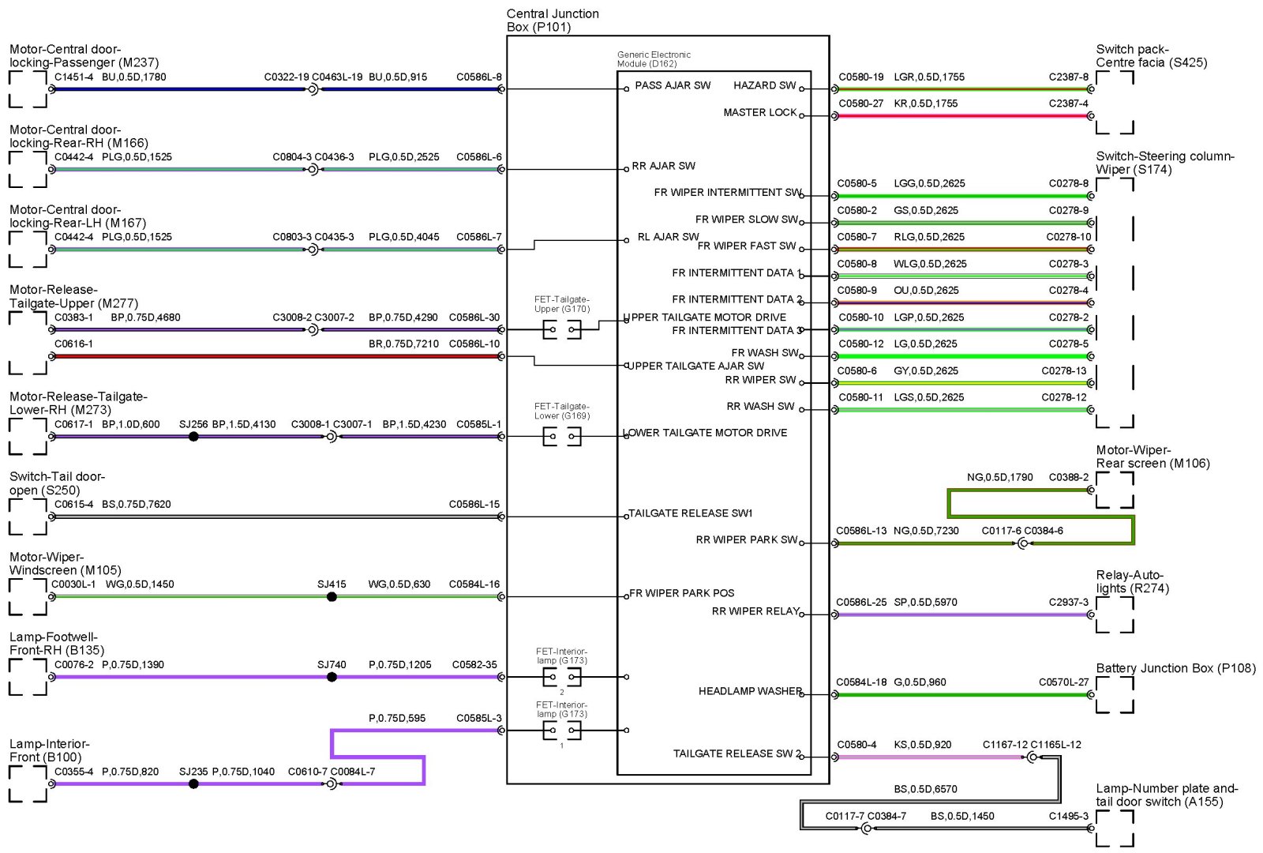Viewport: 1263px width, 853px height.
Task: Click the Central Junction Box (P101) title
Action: click(x=552, y=21)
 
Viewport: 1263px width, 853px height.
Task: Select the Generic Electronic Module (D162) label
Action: click(x=653, y=59)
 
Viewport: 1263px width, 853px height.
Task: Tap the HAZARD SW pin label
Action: click(x=764, y=85)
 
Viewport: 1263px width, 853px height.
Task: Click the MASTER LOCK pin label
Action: click(x=759, y=112)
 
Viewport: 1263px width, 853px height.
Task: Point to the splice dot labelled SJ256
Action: click(x=193, y=437)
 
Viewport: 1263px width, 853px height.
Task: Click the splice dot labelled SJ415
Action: click(x=332, y=597)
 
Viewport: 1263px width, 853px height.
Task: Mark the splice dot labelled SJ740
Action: click(x=332, y=677)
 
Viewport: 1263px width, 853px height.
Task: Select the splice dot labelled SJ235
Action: click(x=193, y=783)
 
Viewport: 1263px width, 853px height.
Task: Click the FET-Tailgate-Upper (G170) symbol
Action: click(x=561, y=329)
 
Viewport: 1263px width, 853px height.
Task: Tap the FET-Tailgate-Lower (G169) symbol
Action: click(x=561, y=436)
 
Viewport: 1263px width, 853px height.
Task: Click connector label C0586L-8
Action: click(x=478, y=77)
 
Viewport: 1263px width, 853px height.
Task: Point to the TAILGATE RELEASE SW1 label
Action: click(x=690, y=513)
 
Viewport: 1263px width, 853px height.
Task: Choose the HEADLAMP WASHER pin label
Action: click(x=749, y=691)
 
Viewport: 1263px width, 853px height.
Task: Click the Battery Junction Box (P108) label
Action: click(x=1175, y=668)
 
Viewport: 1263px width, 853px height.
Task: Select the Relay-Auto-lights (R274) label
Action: click(x=1131, y=581)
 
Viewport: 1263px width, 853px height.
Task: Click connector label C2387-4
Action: click(x=1068, y=103)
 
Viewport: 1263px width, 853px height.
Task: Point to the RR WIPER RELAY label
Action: click(x=755, y=611)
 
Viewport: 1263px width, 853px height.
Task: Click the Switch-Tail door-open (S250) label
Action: click(x=57, y=483)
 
